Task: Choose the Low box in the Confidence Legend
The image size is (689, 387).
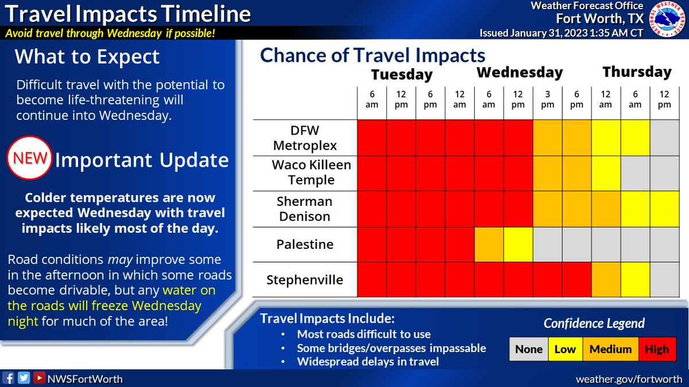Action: tap(564, 349)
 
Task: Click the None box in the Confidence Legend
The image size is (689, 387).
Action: tap(528, 349)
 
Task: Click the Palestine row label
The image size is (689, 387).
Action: tap(305, 245)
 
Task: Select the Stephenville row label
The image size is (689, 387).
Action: tap(305, 280)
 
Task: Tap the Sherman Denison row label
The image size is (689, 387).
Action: tap(305, 209)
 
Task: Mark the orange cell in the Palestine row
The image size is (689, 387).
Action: tap(489, 245)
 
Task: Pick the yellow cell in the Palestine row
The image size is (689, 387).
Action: tap(518, 245)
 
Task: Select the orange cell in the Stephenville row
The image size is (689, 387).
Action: tap(606, 280)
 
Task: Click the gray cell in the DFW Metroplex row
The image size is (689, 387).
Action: tap(664, 137)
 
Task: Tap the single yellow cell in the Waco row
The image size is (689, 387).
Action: tap(606, 173)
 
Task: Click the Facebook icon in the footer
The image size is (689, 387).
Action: tap(9, 378)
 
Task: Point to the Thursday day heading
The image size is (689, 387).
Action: tap(636, 72)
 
